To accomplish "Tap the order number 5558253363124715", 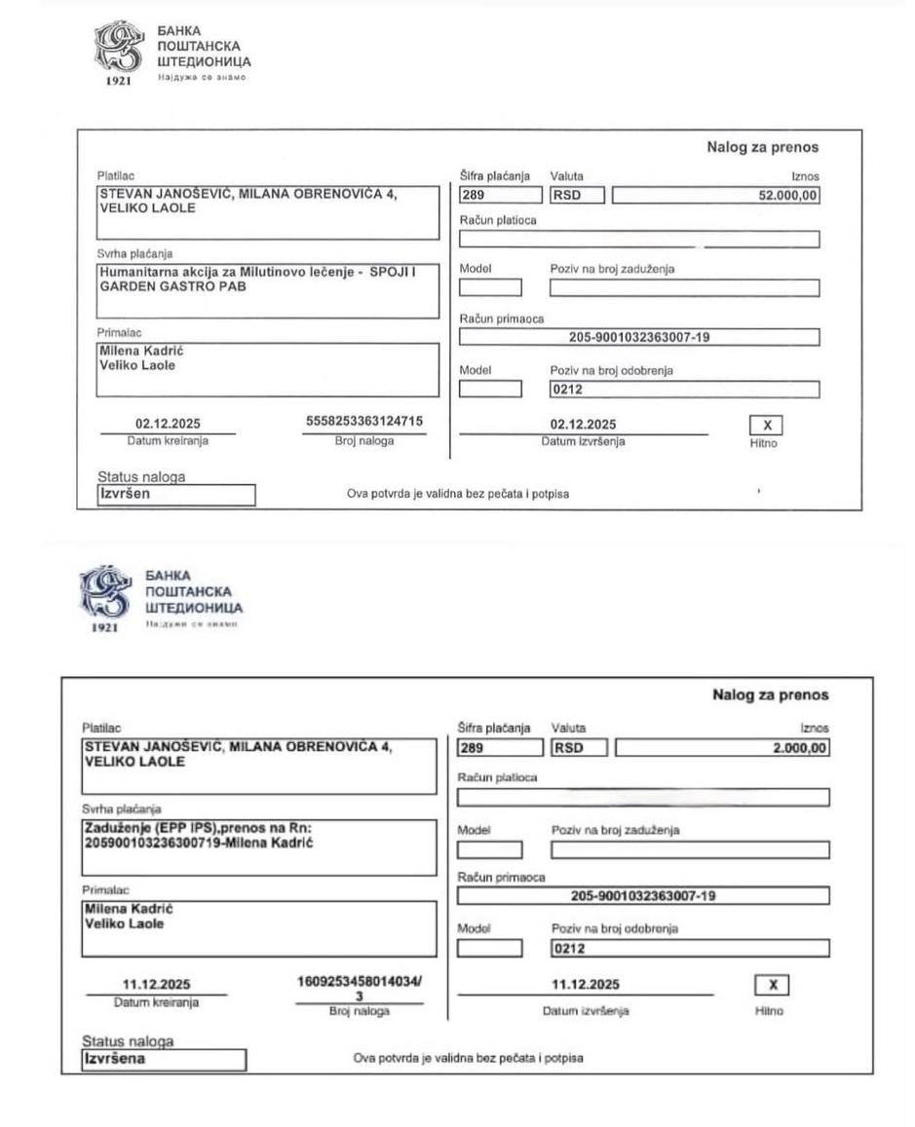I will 363,422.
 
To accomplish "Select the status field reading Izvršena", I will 163,1058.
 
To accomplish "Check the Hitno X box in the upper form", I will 766,425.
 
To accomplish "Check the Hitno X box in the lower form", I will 771,984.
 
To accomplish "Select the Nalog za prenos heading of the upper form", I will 762,148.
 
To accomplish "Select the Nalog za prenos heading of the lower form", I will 770,695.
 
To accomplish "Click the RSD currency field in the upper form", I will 576,195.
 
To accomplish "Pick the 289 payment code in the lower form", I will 498,748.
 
